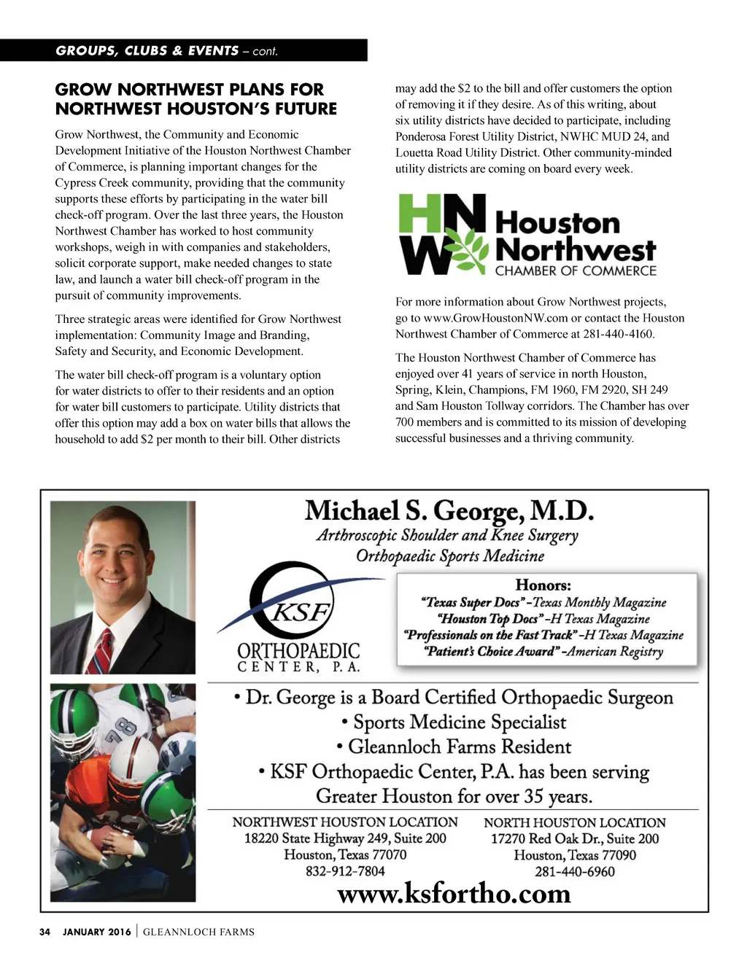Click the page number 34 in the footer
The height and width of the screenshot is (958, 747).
pos(44,932)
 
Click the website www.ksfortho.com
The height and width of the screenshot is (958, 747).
pos(454,893)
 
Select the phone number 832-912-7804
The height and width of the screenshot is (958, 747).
pos(345,871)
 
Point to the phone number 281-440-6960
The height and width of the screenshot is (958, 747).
pos(575,872)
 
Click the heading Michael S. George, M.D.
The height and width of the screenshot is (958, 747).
pos(449,511)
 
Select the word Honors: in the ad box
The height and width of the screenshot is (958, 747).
pos(543,585)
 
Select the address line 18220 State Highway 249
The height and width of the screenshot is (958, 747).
pos(345,838)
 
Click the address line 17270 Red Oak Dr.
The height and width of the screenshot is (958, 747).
pos(575,839)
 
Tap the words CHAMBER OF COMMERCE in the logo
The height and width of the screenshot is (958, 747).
pos(576,271)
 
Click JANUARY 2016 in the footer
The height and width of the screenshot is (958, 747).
pos(97,932)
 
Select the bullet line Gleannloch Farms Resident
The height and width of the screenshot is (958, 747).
pos(453,747)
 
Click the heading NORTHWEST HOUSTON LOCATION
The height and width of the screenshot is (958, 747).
pos(345,822)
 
